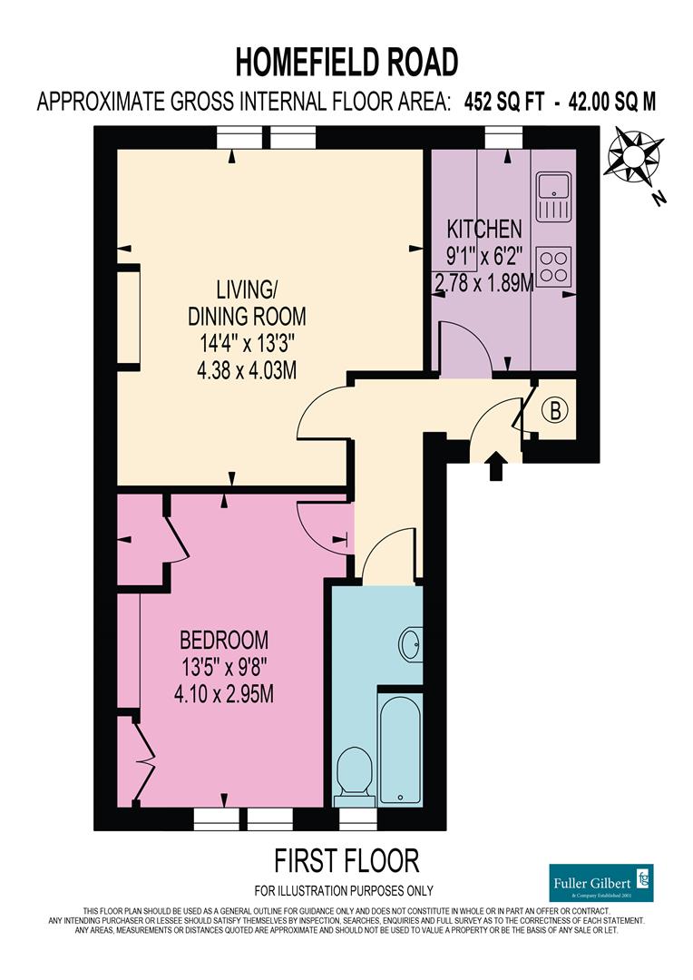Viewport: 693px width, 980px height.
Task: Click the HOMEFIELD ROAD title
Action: tap(346, 62)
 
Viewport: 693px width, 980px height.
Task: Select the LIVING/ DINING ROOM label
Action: tap(246, 303)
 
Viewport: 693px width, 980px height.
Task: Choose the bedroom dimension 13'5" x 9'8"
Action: tap(223, 667)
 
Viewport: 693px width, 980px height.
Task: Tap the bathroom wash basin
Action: tap(410, 644)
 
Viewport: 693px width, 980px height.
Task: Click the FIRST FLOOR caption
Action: tap(346, 859)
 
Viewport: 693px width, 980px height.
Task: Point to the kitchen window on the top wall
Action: tap(503, 136)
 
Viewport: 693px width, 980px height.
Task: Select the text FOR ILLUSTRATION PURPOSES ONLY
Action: tap(344, 890)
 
